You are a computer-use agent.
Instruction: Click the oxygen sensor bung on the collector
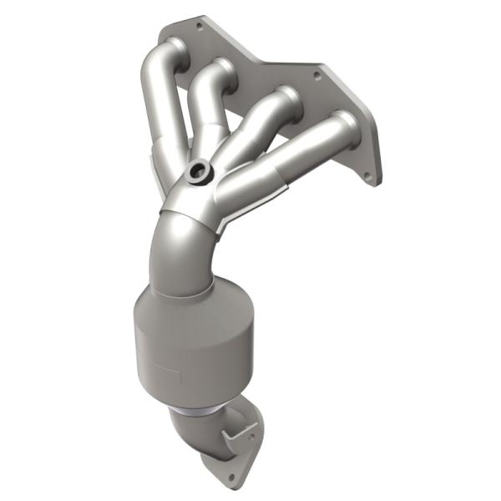199,172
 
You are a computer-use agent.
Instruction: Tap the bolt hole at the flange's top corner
199,26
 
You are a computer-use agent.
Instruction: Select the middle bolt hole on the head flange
316,75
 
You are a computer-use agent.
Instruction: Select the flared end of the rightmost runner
342,125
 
